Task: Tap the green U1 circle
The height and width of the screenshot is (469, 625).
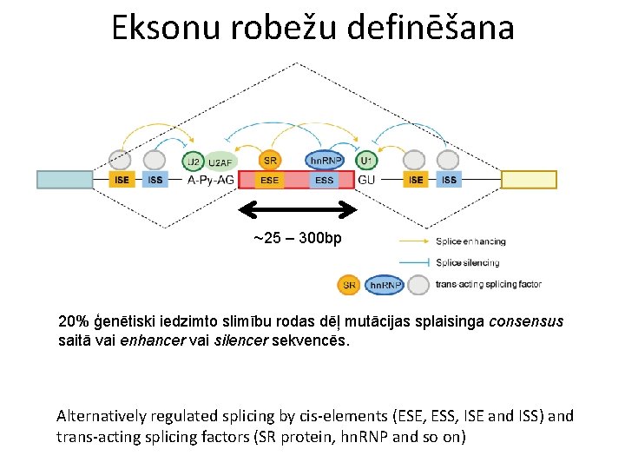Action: (x=365, y=161)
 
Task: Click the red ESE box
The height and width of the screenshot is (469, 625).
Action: (x=270, y=180)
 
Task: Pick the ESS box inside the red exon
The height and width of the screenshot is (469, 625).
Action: (x=324, y=180)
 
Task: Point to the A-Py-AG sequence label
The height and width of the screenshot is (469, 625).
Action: (x=211, y=180)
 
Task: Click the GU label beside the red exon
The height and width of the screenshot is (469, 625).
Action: (x=366, y=180)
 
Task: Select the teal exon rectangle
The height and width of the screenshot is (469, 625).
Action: (x=65, y=180)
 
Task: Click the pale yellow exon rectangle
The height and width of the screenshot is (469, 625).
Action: (x=529, y=180)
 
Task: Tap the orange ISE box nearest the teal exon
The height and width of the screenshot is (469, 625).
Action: (x=121, y=180)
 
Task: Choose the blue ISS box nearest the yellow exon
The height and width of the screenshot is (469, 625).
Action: (x=449, y=180)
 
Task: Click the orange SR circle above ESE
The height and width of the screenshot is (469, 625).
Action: (x=271, y=161)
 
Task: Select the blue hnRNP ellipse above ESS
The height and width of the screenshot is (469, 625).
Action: (x=325, y=161)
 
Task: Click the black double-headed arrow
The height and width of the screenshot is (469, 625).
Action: (x=298, y=209)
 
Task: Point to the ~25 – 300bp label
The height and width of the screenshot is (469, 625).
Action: (x=298, y=237)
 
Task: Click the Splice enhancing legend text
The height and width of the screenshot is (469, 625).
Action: (x=471, y=241)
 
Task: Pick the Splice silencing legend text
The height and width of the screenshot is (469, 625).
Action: (x=468, y=262)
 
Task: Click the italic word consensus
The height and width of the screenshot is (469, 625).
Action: (x=526, y=321)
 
